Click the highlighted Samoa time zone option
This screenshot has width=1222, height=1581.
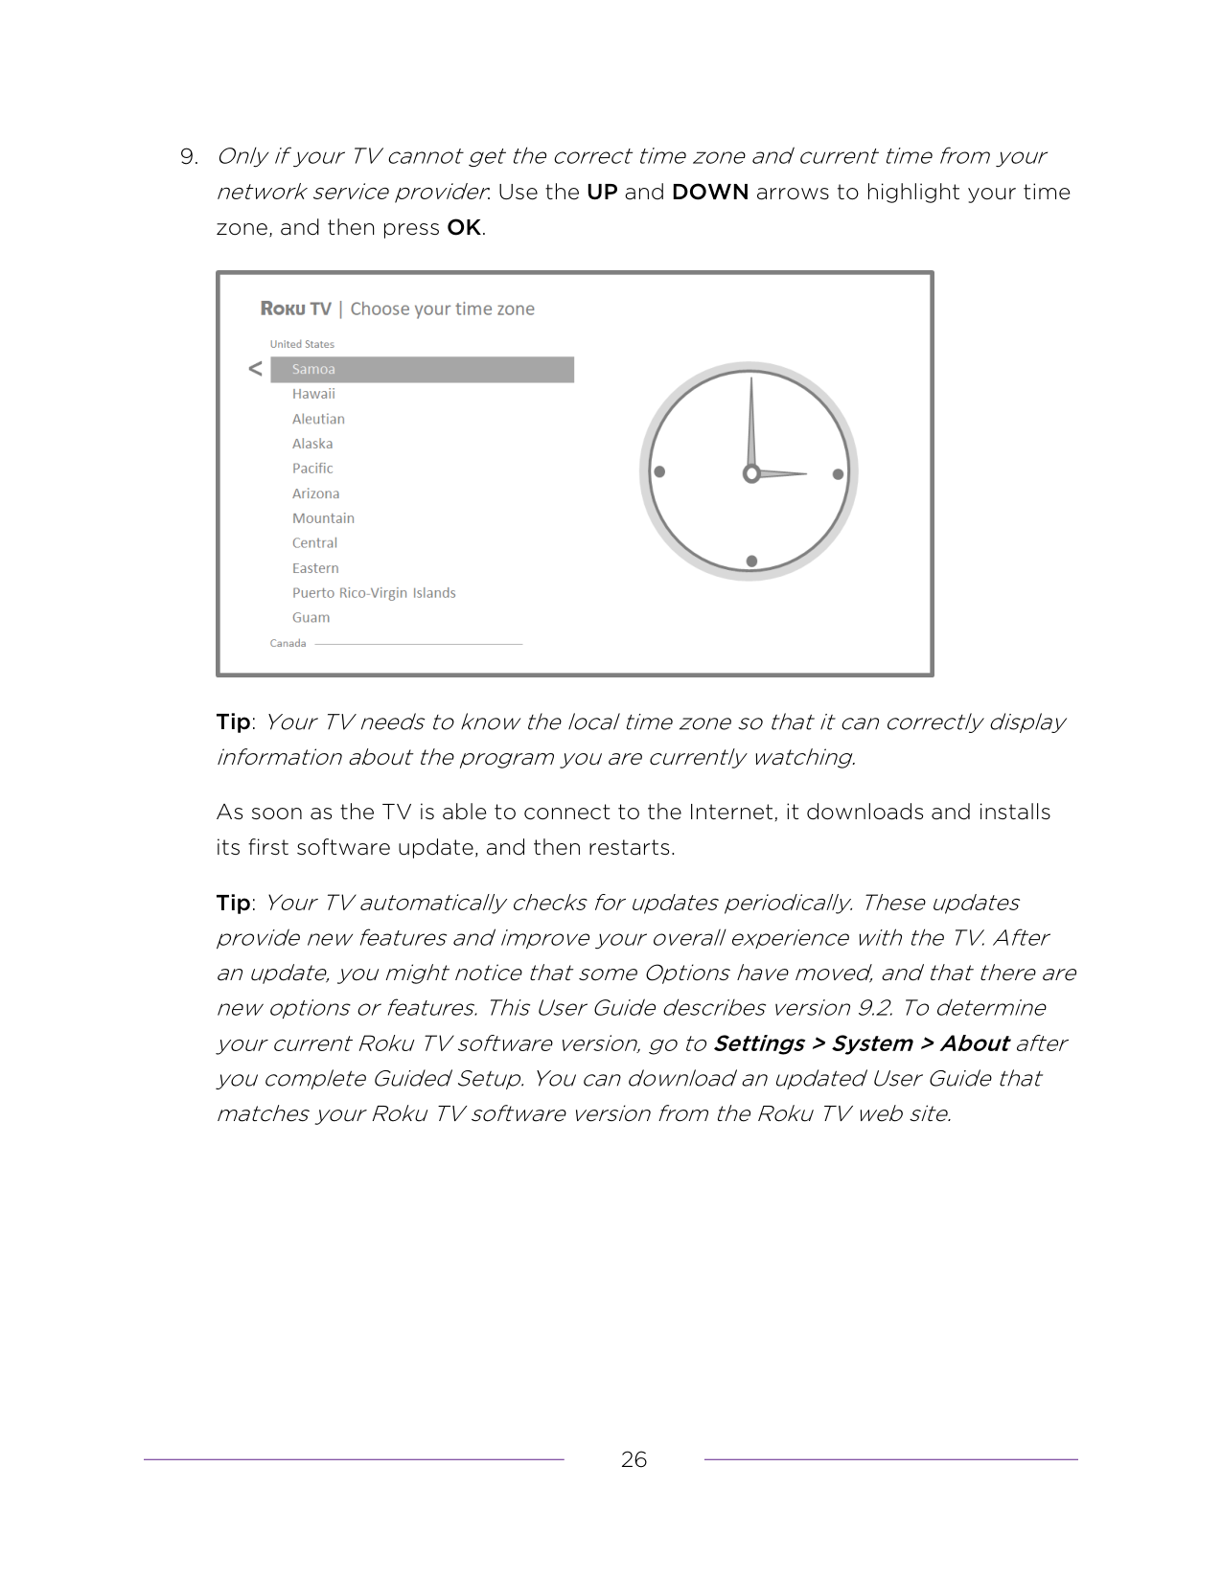(422, 370)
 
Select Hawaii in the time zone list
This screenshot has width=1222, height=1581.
(313, 394)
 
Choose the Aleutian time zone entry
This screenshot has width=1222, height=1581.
(318, 419)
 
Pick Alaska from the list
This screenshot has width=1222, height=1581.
(312, 444)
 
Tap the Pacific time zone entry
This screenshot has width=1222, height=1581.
(312, 469)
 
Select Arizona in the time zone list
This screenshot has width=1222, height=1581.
(315, 493)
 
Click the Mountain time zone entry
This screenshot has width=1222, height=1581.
(323, 518)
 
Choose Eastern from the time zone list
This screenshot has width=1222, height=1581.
(315, 568)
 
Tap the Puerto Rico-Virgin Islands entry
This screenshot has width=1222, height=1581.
(374, 593)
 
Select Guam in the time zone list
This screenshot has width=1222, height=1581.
(311, 618)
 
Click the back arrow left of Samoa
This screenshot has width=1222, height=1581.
(255, 369)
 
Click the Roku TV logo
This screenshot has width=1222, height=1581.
(295, 309)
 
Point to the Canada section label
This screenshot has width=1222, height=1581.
(288, 643)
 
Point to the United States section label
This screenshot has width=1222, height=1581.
(302, 344)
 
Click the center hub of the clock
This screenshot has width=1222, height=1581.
(751, 473)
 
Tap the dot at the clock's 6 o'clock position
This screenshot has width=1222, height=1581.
(751, 561)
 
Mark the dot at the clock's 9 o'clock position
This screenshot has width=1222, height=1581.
(659, 471)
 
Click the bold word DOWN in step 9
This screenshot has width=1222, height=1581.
(710, 192)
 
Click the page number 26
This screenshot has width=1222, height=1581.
(634, 1459)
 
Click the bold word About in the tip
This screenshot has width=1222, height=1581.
(974, 1043)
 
